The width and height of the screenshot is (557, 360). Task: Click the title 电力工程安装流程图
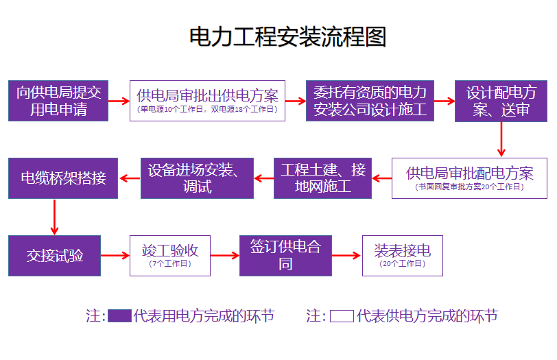point(288,36)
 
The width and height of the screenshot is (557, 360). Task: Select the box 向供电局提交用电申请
point(58,101)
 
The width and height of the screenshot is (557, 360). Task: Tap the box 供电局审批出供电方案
point(207,101)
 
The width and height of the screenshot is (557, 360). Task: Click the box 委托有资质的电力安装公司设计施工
point(370,101)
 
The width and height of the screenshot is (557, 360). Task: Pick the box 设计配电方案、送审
point(501,101)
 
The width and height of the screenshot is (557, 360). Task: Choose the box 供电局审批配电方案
point(470,178)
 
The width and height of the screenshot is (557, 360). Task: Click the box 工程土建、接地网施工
point(322,178)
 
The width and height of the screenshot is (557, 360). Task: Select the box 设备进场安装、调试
point(197,178)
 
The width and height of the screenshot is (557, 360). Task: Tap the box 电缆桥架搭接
point(63,178)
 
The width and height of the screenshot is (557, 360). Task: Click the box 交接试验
point(55,256)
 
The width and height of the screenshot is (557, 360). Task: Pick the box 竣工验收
point(170,256)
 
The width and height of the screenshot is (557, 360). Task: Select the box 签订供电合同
point(285,256)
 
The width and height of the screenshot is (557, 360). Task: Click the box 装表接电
point(402,256)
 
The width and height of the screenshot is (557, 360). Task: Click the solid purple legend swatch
point(119,316)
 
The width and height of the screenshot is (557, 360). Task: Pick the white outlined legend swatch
point(342,316)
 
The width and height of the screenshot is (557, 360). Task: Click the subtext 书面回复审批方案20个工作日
point(470,187)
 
